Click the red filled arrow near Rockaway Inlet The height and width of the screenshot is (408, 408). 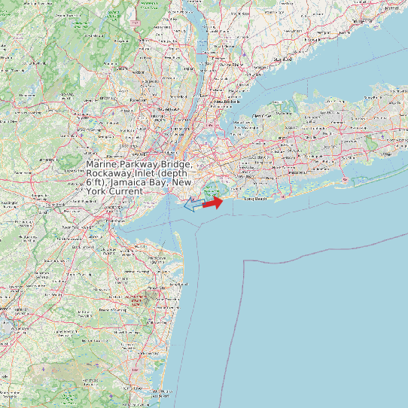coord(213,202)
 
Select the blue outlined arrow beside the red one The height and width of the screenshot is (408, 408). coord(194,204)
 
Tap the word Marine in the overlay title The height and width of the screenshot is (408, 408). coord(102,164)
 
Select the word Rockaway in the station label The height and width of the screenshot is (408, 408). coord(111,173)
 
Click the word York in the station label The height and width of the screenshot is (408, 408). coord(96,191)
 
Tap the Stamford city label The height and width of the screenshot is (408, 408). coord(283,59)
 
